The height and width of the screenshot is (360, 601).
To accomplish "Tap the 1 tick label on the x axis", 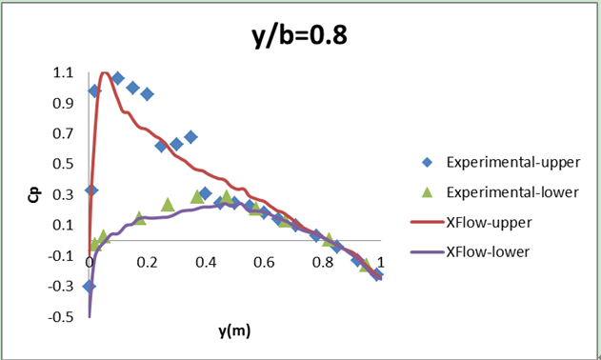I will (x=380, y=262).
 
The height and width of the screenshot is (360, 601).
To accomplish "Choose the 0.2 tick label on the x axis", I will (x=148, y=262).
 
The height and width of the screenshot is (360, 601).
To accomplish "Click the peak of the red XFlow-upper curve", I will (x=105, y=73).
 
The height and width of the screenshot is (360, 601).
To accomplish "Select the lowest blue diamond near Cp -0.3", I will (x=90, y=286).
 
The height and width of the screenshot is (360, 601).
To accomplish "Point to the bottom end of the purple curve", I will (x=90, y=315).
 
